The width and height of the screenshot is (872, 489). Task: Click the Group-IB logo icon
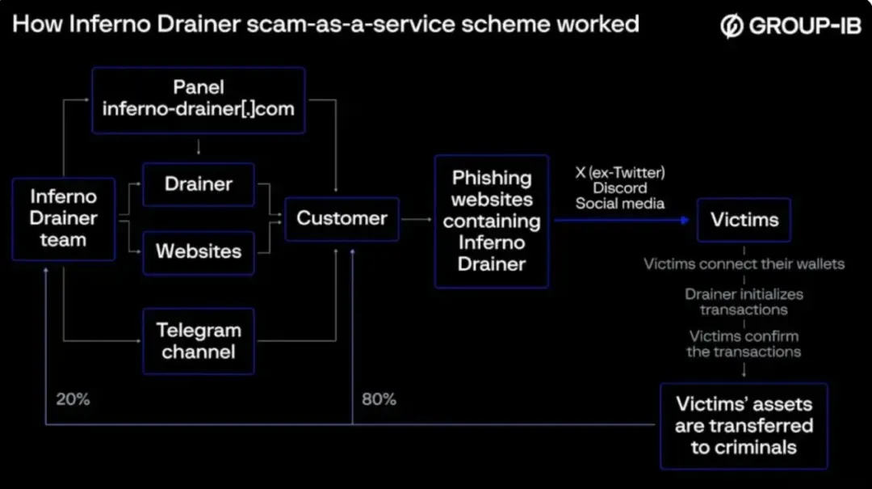732,26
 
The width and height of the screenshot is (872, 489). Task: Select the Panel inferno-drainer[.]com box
199,100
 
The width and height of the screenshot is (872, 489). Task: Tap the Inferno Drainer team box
64,219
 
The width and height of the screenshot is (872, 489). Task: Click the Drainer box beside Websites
199,184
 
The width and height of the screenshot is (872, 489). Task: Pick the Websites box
199,252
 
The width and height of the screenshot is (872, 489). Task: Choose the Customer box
342,218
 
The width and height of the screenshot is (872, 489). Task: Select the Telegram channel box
199,341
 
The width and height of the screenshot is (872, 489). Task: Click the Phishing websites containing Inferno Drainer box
492,221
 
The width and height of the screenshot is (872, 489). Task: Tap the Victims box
744,219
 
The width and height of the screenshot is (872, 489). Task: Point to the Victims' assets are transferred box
744,426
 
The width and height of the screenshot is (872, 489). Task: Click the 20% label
73,398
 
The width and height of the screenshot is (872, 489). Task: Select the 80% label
379,398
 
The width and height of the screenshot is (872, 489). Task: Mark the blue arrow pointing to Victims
622,220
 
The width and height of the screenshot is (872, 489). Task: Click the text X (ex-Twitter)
620,173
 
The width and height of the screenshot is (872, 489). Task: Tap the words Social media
620,204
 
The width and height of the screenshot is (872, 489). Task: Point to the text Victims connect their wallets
744,263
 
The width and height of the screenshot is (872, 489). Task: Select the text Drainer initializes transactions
744,301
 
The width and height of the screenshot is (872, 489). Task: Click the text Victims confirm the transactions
744,344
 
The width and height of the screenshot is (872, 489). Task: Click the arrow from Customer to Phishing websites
417,219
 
